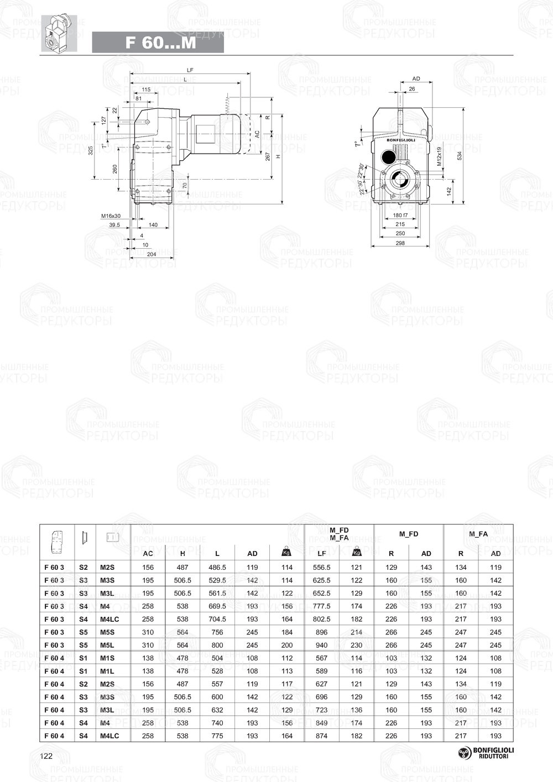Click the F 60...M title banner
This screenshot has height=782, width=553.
coord(158,43)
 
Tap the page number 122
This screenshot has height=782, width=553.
coord(46,756)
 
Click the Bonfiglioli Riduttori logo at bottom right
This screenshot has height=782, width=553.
coord(486,752)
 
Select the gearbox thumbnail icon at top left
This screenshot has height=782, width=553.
coord(59,34)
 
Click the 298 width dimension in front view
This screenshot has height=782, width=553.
coord(400,243)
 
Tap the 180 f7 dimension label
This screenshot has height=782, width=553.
coord(400,216)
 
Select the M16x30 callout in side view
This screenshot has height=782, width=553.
coord(111,216)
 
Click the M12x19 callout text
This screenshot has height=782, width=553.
coord(440,156)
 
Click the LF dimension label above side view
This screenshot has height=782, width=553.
coord(190,70)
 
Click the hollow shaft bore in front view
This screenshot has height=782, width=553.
coord(400,180)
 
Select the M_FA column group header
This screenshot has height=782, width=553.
coord(478,534)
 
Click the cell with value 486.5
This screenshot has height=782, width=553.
coord(217,568)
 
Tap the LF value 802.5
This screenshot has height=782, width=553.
coord(321,620)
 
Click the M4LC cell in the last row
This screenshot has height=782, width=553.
coord(109,736)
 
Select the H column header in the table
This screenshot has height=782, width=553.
coord(182,553)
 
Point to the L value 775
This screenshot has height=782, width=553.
coord(217,736)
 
